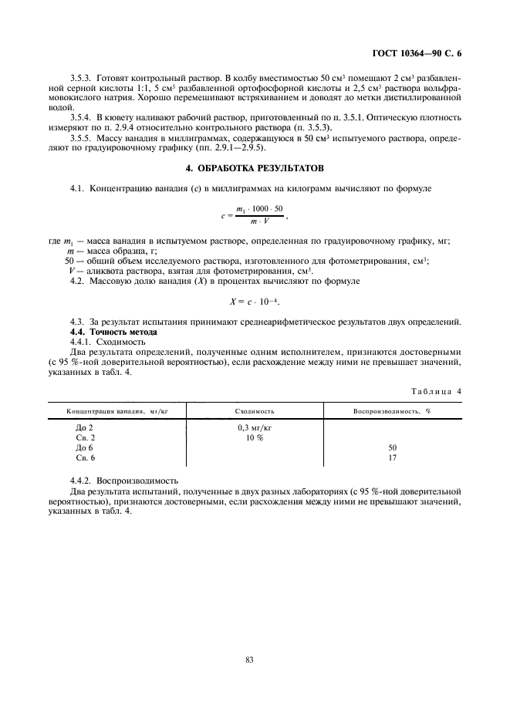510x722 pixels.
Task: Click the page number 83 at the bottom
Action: point(251,659)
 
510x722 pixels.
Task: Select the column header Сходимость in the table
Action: point(254,412)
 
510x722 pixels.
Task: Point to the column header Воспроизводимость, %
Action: point(392,412)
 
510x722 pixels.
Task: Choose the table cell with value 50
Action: point(392,447)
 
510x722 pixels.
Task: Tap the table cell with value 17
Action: point(392,457)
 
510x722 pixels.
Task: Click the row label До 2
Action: point(84,427)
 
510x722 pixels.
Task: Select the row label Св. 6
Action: point(84,457)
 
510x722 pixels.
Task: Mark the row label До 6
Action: point(84,447)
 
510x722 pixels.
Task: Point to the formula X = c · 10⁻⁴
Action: point(254,301)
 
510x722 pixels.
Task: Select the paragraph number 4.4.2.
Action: point(83,480)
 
